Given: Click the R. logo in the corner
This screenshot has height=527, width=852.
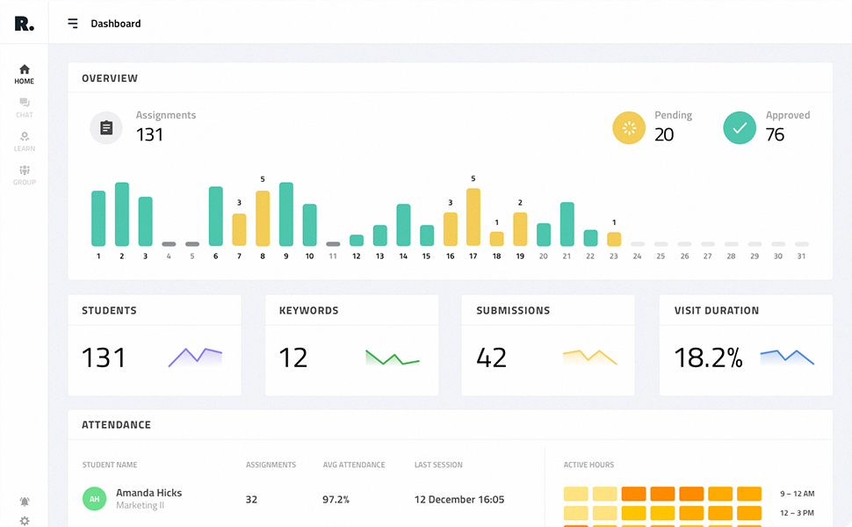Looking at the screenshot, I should point(24,24).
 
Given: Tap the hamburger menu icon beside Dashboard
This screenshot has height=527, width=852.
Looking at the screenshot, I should point(73,24).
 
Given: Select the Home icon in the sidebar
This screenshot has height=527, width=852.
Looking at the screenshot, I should point(25,69).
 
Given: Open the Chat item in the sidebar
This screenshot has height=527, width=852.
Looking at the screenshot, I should point(25,108).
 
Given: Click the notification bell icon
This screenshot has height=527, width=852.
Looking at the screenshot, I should point(25,502).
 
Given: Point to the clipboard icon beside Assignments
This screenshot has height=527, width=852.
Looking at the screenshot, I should point(106,128).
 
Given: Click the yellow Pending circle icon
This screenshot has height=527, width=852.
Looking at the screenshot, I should point(629,128).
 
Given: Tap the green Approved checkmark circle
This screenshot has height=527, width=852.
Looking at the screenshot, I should point(740,128).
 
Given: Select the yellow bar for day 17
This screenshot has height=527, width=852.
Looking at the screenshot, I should point(473,217).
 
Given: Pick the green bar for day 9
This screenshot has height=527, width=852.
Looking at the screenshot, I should point(285,214).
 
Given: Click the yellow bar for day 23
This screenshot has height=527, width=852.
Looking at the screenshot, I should point(614,239).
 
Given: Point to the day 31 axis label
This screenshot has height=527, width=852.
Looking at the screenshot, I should point(801,256).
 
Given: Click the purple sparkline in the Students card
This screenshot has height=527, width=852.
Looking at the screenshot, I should point(195,357).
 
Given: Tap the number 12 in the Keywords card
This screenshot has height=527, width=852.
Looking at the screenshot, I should point(293,357).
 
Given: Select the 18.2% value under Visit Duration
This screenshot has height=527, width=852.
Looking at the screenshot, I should point(708,357).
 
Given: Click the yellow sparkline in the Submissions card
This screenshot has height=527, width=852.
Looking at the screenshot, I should point(589,357).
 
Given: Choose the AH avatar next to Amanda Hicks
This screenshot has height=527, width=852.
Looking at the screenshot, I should point(94,499).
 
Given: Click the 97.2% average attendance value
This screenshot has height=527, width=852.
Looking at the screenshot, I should point(336,500).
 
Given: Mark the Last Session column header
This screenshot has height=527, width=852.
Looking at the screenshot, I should point(438,465).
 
